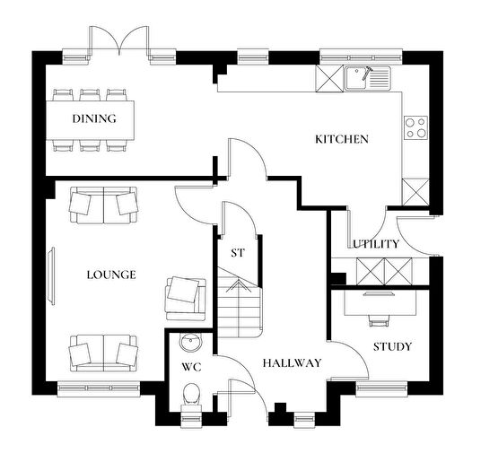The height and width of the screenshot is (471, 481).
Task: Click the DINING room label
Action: [x=94, y=118]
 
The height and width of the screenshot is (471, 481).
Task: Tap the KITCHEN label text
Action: [x=342, y=139]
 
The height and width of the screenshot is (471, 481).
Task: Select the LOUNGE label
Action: [x=111, y=275]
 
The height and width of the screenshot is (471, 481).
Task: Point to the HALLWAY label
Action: [x=292, y=363]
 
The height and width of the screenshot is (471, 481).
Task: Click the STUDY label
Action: [x=392, y=347]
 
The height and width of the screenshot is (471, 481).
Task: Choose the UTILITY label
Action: [x=376, y=244]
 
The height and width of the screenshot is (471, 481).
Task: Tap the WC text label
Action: [x=191, y=367]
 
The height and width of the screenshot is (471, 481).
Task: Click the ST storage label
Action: [x=238, y=253]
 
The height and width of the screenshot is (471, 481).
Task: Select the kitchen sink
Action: [x=367, y=78]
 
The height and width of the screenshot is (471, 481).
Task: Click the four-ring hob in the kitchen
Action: [x=416, y=127]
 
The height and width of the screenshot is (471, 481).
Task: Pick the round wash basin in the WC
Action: [x=191, y=342]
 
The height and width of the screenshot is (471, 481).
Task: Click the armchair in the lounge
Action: [x=186, y=299]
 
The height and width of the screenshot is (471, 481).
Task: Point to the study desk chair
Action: [x=378, y=321]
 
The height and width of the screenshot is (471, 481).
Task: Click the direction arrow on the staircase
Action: [x=237, y=287]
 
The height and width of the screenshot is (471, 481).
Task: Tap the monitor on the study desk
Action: [x=378, y=293]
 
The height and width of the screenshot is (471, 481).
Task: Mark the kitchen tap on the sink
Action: [x=367, y=74]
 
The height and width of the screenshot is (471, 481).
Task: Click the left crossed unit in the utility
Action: [x=370, y=271]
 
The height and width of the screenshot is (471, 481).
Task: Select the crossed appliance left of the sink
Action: [x=329, y=79]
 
